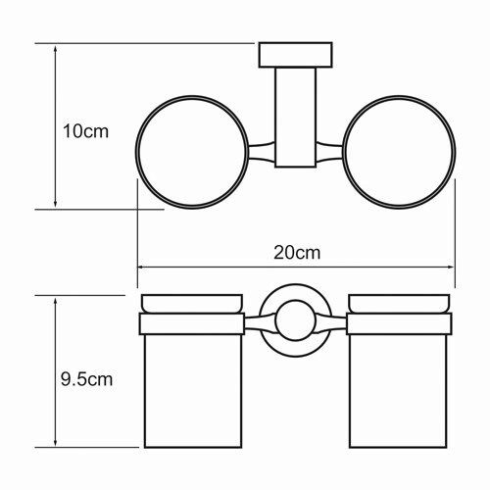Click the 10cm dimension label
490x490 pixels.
coord(85,131)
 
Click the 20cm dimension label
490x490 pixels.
coord(297,253)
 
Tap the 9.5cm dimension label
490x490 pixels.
coord(86,379)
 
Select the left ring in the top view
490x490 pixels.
coord(136,152)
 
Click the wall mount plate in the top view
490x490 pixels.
coord(296,55)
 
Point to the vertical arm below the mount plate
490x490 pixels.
coord(296,118)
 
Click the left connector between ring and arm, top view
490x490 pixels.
coord(262,152)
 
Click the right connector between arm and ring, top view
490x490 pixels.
coord(329,152)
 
